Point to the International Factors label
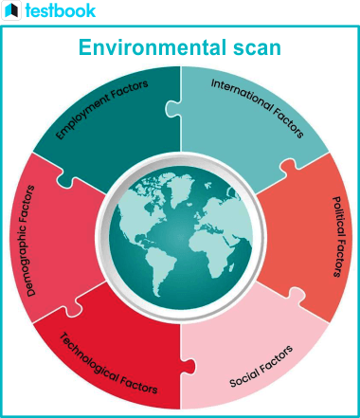pos(258,108)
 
